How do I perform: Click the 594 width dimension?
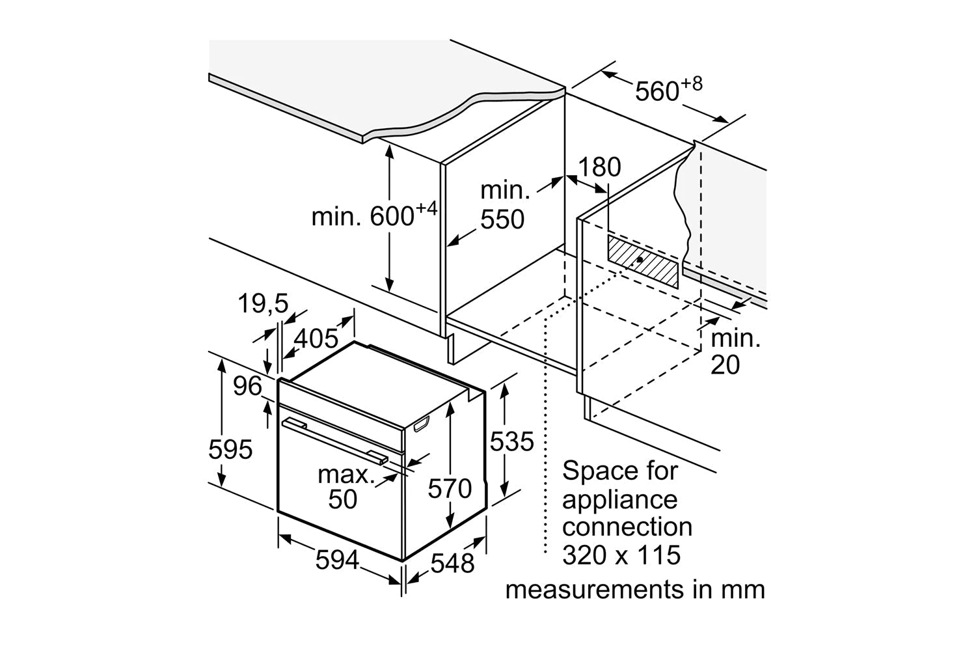(x=337, y=560)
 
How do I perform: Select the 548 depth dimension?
(x=453, y=562)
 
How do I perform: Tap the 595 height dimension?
(x=230, y=449)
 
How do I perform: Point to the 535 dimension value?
(x=511, y=442)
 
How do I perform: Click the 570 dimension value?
(x=450, y=488)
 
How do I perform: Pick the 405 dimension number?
(x=316, y=339)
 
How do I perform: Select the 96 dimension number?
(x=247, y=387)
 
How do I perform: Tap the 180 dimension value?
(x=599, y=168)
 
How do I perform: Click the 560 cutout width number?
(x=657, y=91)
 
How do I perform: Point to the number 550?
(x=502, y=220)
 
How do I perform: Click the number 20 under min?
(x=725, y=365)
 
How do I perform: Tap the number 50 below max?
(x=343, y=499)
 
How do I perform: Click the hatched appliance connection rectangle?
(x=642, y=260)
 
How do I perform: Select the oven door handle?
(x=334, y=441)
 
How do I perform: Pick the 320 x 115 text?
(x=621, y=555)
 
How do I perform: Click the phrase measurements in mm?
(x=635, y=590)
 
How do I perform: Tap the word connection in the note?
(x=627, y=527)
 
